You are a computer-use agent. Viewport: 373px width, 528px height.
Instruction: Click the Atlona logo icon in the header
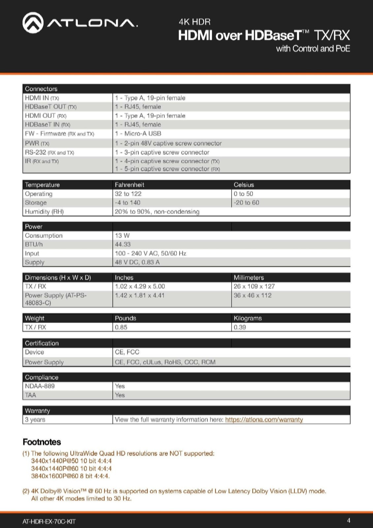[x=33, y=22]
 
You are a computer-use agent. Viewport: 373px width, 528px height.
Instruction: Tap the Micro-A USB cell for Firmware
[x=138, y=134]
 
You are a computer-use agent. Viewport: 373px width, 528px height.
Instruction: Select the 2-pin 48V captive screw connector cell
[x=168, y=143]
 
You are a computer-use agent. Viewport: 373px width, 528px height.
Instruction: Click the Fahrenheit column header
[x=129, y=185]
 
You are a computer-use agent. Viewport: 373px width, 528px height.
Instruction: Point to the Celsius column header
[x=244, y=185]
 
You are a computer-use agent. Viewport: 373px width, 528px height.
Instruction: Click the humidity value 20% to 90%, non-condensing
[x=157, y=212]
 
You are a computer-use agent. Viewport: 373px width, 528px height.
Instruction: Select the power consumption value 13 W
[x=122, y=236]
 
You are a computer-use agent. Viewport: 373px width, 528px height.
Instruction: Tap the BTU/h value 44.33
[x=123, y=245]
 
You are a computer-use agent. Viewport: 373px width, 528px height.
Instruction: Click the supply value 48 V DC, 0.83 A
[x=137, y=262]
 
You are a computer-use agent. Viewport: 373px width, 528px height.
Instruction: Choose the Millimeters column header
[x=249, y=278]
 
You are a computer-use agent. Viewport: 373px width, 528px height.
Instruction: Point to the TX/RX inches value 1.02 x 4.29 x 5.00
[x=140, y=286]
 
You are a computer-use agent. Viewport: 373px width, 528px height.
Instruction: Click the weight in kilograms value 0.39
[x=240, y=327]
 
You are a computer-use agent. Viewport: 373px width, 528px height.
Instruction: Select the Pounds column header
[x=125, y=318]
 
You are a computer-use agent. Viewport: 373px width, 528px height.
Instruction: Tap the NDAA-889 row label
[x=40, y=386]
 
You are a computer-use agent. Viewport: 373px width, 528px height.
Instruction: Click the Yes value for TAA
[x=120, y=395]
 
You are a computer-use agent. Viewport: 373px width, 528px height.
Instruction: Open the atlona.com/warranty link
[x=264, y=420]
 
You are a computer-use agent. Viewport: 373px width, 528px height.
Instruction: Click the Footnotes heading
[x=42, y=442]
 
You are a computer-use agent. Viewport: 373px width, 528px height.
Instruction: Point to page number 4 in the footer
[x=349, y=520]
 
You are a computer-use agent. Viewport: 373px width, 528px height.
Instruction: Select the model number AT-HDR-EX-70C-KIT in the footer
[x=49, y=521]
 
